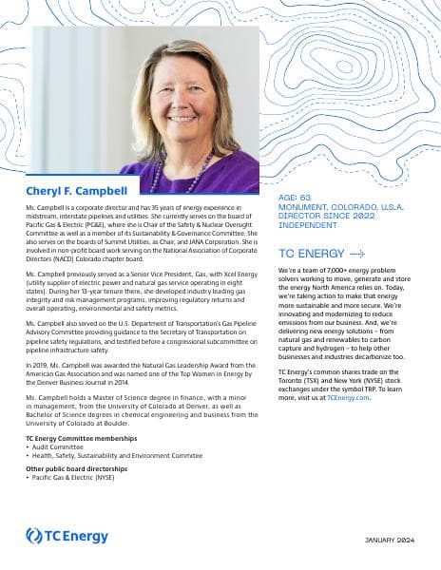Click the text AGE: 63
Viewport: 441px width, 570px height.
coord(295,198)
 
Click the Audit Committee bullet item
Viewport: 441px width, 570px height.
coord(56,446)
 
